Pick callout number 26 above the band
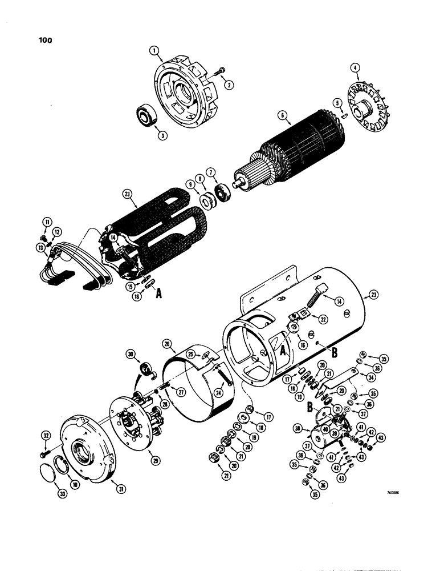[167, 345]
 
